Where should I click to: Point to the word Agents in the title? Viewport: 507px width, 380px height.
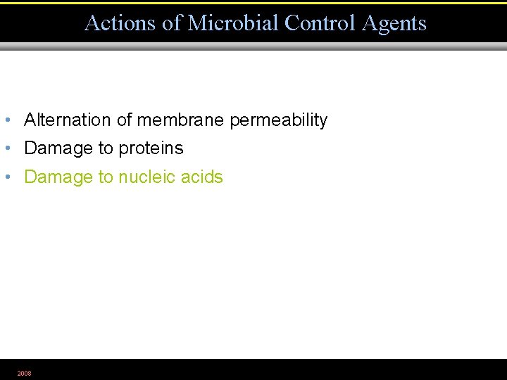tap(394, 23)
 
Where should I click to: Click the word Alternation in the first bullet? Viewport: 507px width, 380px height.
tap(68, 120)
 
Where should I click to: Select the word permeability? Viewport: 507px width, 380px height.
tap(279, 121)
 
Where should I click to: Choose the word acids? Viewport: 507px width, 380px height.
tap(202, 177)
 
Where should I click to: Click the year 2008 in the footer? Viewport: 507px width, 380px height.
tap(25, 373)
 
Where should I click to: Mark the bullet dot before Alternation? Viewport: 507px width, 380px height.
tap(7, 120)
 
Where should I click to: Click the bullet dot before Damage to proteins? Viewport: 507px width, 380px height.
tap(7, 148)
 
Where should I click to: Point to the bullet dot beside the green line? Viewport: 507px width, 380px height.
tap(7, 177)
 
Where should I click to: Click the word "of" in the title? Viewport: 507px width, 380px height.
tap(172, 23)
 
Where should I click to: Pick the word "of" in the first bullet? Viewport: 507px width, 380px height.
tap(124, 120)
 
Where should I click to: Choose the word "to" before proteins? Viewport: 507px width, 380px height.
tap(106, 148)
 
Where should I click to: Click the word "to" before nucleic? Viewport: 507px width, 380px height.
tap(106, 177)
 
